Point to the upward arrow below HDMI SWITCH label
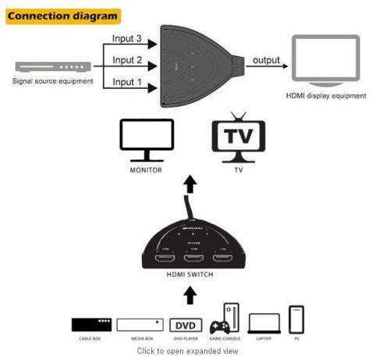[190, 296]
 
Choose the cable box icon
[91, 323]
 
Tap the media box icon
[140, 323]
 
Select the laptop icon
[264, 323]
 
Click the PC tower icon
[296, 319]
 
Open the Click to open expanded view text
[190, 351]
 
